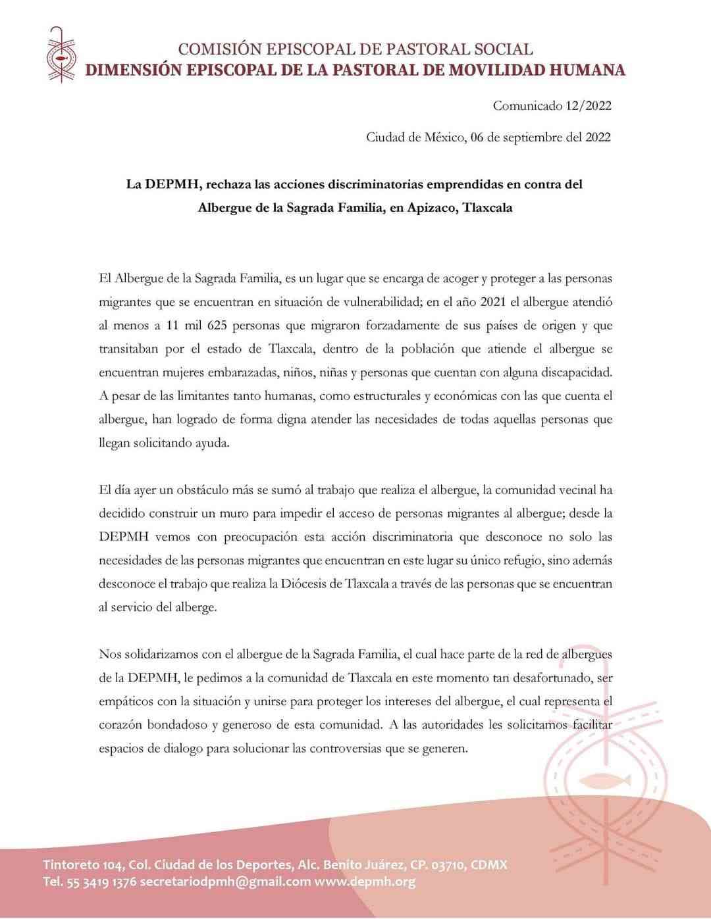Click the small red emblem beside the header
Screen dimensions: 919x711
[x=61, y=55]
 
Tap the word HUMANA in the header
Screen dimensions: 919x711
[x=587, y=70]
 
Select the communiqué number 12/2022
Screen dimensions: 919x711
[x=589, y=105]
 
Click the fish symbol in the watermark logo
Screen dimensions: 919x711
[x=604, y=781]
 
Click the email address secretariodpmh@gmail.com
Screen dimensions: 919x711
[x=225, y=882]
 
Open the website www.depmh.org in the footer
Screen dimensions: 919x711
[x=365, y=882]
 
